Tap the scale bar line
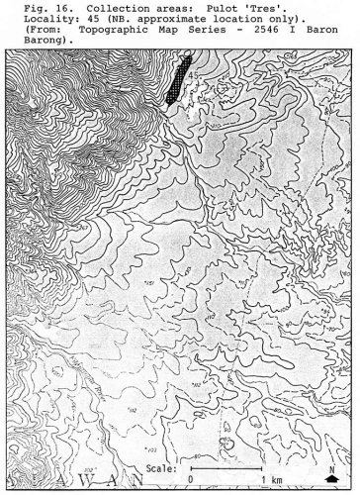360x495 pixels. [x=226, y=466]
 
